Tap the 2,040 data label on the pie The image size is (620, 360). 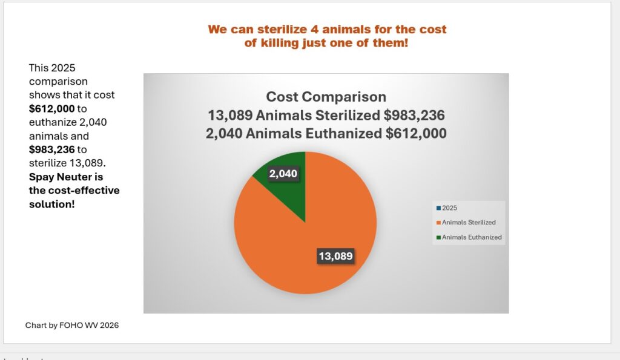(x=283, y=174)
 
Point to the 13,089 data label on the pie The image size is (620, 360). (x=335, y=256)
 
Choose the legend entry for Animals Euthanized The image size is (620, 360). (x=469, y=237)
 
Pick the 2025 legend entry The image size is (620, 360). (x=447, y=208)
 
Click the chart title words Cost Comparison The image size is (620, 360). (x=326, y=97)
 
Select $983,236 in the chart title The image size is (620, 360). (x=414, y=116)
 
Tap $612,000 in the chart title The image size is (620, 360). (x=416, y=134)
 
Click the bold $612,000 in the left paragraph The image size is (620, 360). (x=52, y=109)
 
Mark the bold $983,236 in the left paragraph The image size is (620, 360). (x=52, y=149)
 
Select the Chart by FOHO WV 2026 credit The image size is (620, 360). (x=72, y=326)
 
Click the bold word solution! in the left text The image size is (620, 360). (x=52, y=205)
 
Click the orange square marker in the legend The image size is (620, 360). (x=438, y=223)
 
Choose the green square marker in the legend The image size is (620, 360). (x=438, y=238)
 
